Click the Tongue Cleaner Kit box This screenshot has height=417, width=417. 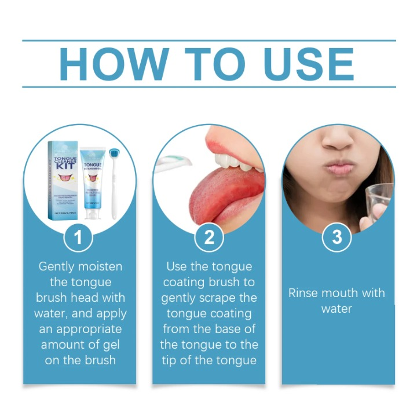click(65, 180)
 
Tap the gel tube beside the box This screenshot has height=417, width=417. click(93, 183)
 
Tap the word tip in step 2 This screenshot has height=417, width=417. click(173, 360)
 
